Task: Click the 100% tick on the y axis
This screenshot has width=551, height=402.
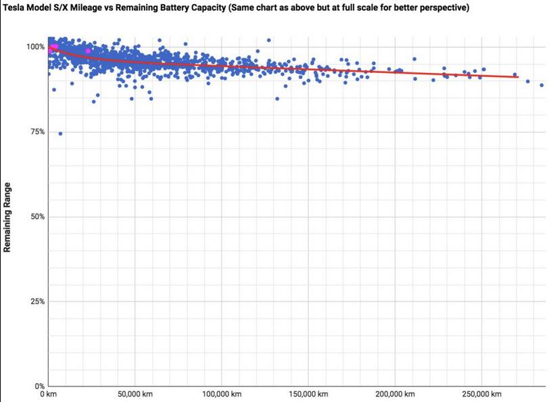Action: [36, 47]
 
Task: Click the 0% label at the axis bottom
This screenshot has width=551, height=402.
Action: [39, 386]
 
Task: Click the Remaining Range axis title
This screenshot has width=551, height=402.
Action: [7, 217]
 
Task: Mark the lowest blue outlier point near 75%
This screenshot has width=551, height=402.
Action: [60, 134]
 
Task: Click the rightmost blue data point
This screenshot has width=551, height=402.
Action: [542, 85]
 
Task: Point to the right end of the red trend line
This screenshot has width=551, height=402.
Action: [518, 77]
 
